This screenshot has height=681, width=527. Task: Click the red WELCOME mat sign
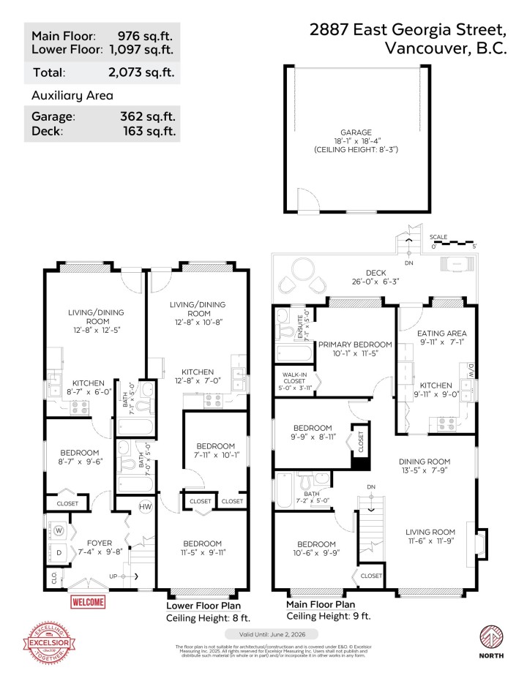coord(88,602)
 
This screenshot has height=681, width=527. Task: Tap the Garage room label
coord(355,132)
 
